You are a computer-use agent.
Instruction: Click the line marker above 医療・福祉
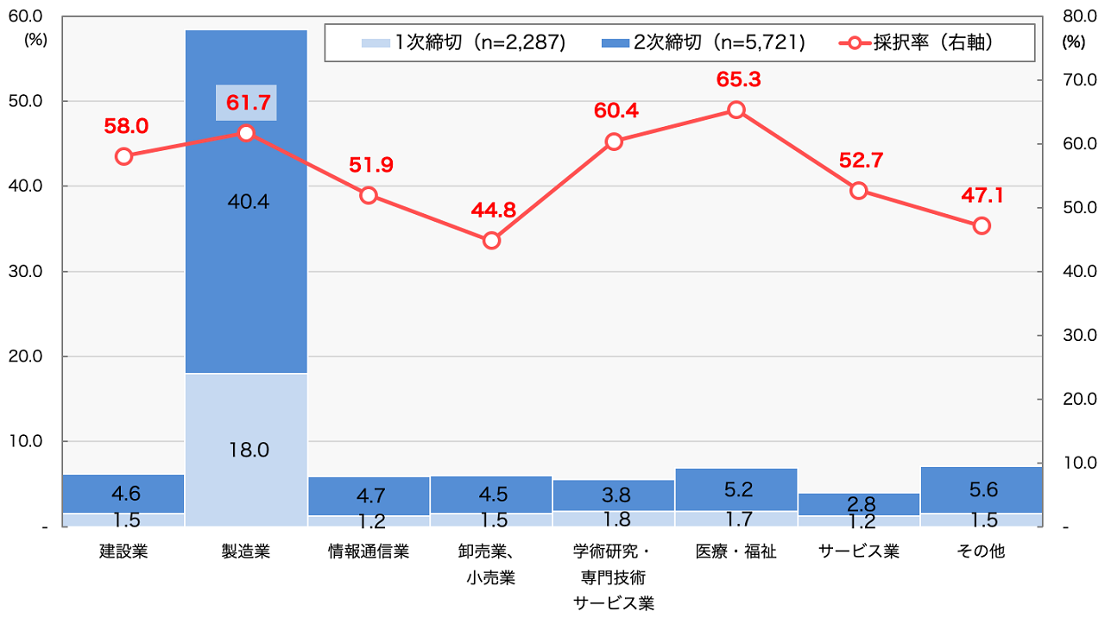(736, 110)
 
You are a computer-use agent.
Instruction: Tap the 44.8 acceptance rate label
(491, 210)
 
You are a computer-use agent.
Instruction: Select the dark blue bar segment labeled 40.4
(247, 202)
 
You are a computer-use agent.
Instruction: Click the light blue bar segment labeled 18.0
(247, 449)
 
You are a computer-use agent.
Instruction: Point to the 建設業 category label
(123, 551)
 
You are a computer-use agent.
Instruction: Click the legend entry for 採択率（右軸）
(919, 42)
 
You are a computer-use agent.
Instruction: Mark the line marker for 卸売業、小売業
(491, 240)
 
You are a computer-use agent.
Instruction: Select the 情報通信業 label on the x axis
(369, 551)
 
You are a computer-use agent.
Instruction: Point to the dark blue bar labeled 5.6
(982, 489)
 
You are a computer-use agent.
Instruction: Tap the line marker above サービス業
(859, 191)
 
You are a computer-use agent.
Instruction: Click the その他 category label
(982, 551)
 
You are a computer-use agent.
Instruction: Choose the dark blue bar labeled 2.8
(859, 504)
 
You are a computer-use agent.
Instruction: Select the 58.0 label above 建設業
(125, 126)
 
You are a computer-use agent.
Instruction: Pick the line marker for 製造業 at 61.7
(246, 133)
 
